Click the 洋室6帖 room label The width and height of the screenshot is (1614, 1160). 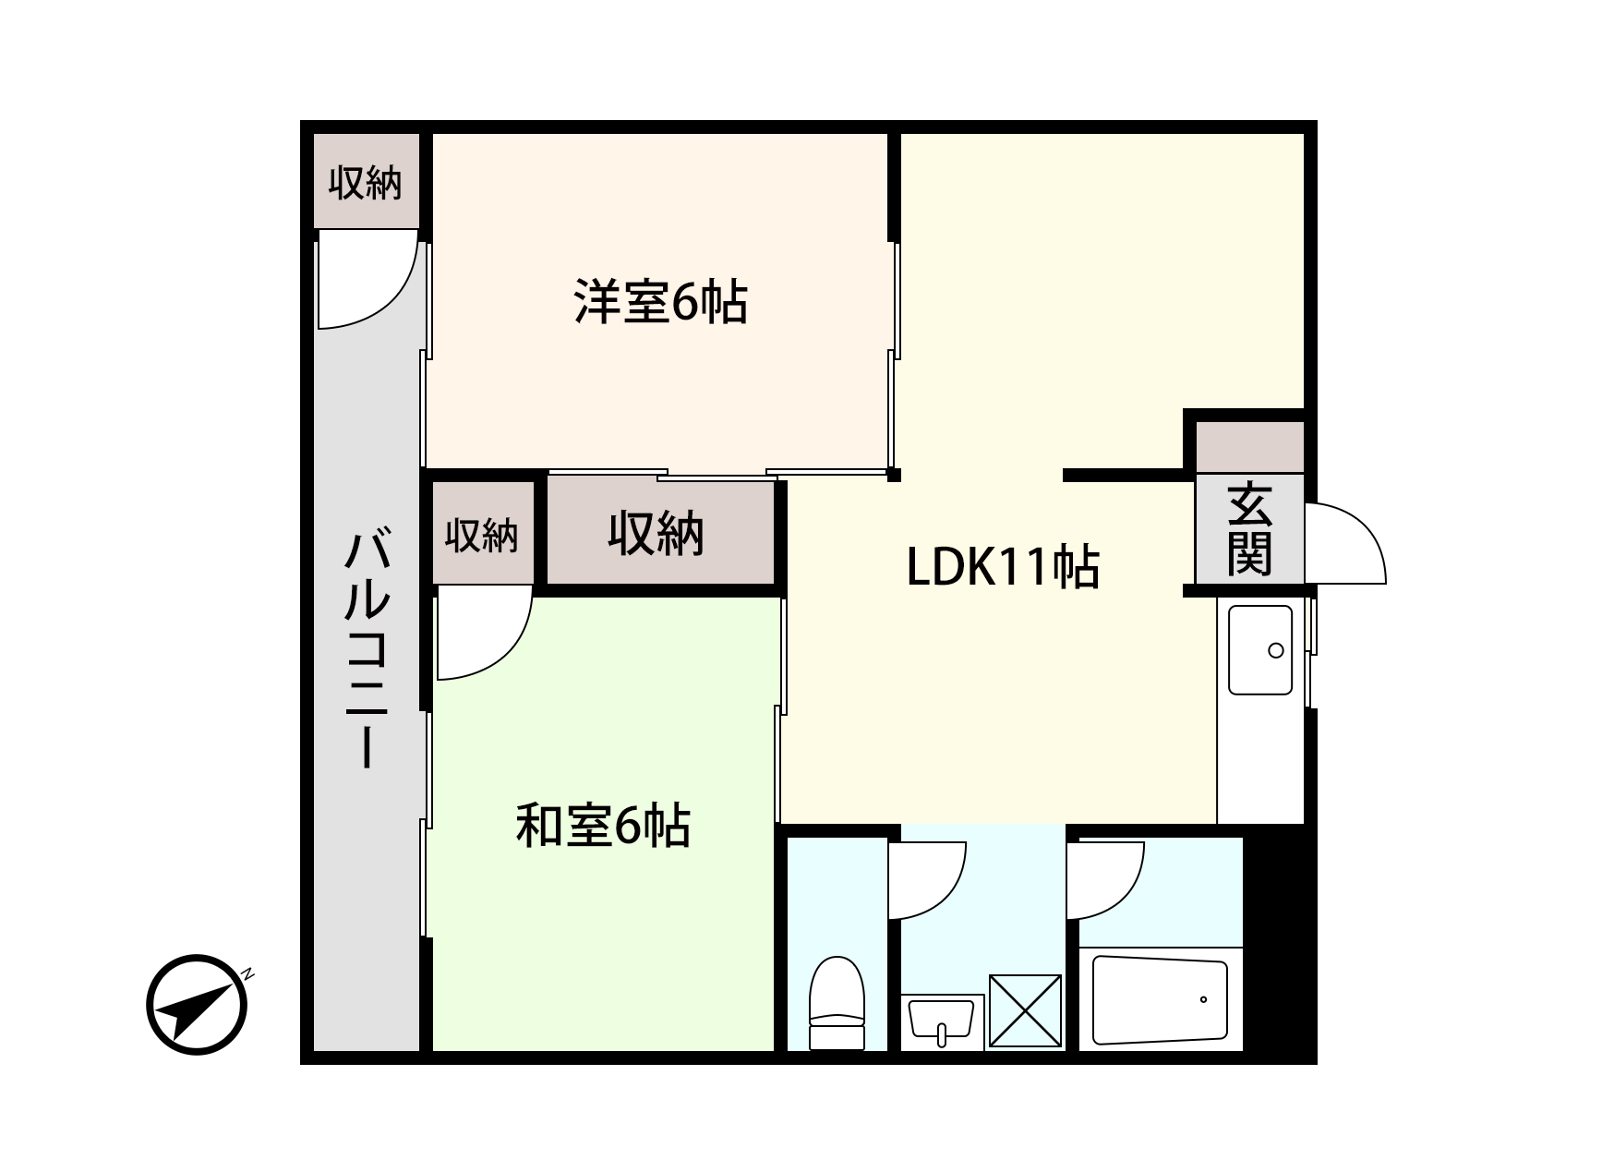[x=660, y=301]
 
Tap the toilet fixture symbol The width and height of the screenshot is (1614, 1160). [x=837, y=1002]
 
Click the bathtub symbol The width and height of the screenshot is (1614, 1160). [x=1160, y=1000]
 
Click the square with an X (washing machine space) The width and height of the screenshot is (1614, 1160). [x=1025, y=1010]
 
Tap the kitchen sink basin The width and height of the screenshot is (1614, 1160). [x=1259, y=649]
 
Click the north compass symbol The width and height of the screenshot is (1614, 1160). [x=198, y=1004]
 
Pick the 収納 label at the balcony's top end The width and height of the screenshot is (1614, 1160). [x=366, y=183]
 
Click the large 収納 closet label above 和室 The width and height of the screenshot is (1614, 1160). [x=656, y=533]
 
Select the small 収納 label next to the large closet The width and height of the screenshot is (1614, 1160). [x=481, y=535]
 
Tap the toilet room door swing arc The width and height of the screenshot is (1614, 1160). [x=926, y=879]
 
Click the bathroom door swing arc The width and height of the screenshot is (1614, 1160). [x=1105, y=879]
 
